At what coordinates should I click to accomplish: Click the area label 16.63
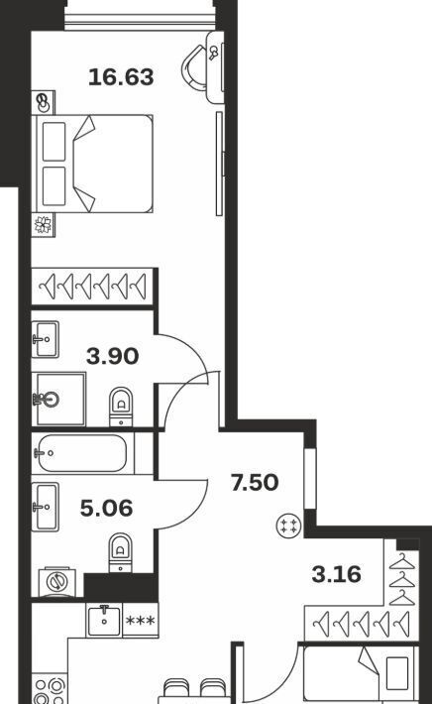[x=121, y=76]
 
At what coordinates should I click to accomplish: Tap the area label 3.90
[x=113, y=357]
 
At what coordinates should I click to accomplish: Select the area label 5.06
[x=106, y=508]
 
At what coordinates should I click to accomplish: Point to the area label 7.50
[x=255, y=483]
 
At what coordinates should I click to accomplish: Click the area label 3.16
[x=337, y=574]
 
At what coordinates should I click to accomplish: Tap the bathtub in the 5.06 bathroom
[x=80, y=453]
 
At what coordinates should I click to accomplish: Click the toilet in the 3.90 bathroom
[x=121, y=407]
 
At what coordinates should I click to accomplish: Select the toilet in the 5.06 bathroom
[x=121, y=552]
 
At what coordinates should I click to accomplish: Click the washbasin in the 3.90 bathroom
[x=46, y=339]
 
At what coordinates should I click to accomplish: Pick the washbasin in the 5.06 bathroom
[x=46, y=507]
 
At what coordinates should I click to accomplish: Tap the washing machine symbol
[x=57, y=582]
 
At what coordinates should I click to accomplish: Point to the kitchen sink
[x=104, y=621]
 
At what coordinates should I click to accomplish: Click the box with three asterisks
[x=141, y=621]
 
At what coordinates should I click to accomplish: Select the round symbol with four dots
[x=289, y=526]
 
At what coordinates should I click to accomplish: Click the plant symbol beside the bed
[x=43, y=225]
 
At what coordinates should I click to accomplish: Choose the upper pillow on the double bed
[x=54, y=142]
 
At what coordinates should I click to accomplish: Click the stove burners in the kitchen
[x=51, y=689]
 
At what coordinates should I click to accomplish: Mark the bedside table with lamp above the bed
[x=43, y=103]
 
